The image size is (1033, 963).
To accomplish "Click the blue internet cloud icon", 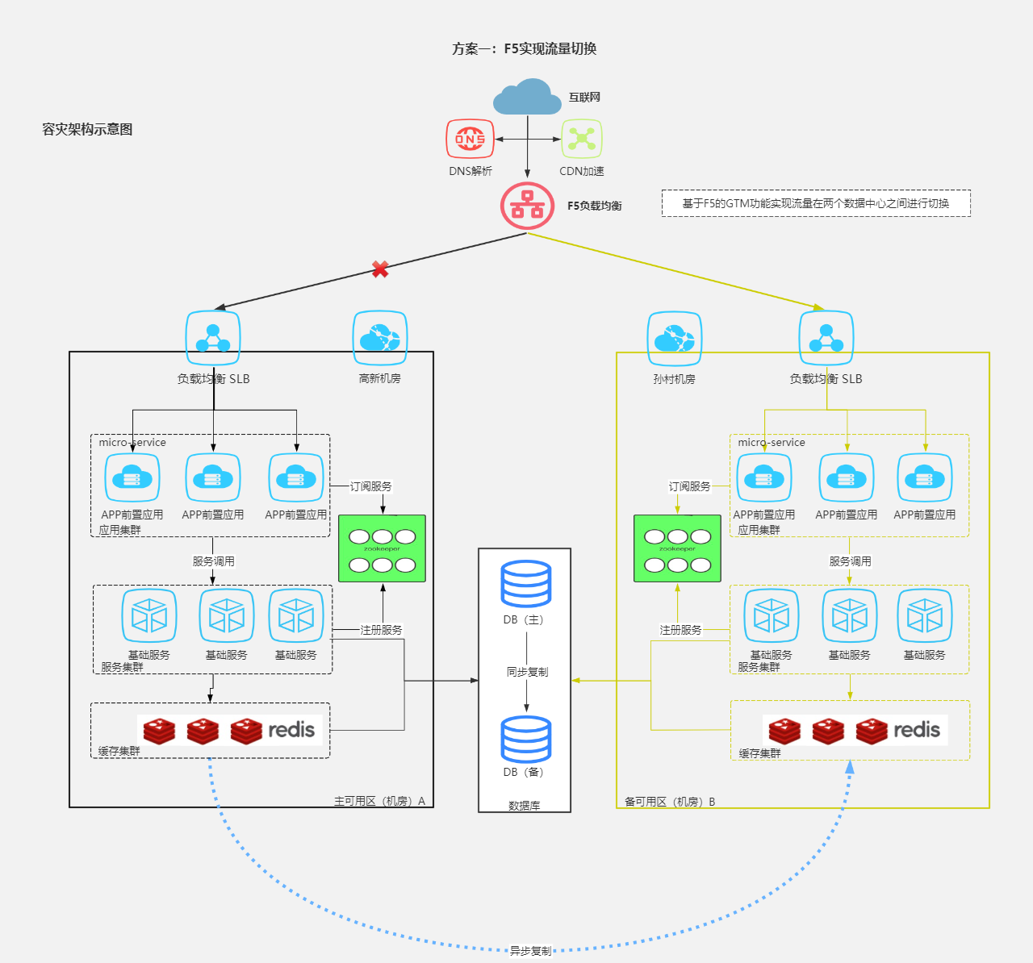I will coord(528,98).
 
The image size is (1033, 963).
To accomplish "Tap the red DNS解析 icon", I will coord(470,140).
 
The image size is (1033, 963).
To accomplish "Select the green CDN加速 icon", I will coord(582,140).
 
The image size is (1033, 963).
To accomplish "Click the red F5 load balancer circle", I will coord(528,206).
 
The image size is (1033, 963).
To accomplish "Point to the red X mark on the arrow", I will coord(380,269).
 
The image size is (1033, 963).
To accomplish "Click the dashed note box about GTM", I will coord(816,203).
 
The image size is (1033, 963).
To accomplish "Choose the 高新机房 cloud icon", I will coord(379,338).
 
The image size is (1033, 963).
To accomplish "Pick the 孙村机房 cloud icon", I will coord(675,339).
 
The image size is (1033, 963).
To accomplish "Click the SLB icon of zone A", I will coord(213,338).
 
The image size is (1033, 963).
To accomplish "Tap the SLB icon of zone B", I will coord(826,338).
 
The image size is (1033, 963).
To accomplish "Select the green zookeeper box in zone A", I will coord(382,548).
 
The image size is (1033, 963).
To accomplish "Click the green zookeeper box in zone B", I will coord(677,548).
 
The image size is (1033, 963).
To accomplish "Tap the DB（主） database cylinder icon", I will coord(526,584).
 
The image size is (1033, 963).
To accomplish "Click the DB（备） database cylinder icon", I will coord(526,739).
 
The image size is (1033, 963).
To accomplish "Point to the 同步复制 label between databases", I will coord(527,672).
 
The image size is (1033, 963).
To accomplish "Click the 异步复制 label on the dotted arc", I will coord(530,951).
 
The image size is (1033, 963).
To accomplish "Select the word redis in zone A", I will coord(291,730).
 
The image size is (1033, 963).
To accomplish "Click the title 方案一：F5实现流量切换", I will coord(525,49).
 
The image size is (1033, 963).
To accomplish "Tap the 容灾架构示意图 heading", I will coord(87,130).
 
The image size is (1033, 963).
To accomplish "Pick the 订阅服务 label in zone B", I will coord(689,486).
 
